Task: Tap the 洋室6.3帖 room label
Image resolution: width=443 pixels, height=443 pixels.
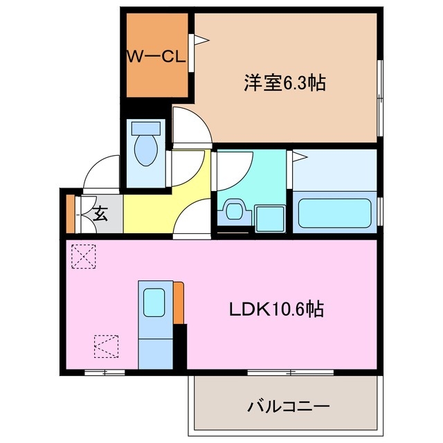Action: (x=284, y=82)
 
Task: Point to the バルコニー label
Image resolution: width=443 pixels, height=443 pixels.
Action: (x=287, y=406)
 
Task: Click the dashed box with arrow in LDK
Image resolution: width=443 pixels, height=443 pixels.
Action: (x=105, y=346)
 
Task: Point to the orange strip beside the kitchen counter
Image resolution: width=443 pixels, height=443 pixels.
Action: (x=179, y=302)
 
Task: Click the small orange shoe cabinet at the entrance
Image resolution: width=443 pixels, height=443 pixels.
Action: (x=69, y=214)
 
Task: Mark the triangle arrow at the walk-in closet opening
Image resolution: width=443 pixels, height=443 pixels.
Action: (x=200, y=41)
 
